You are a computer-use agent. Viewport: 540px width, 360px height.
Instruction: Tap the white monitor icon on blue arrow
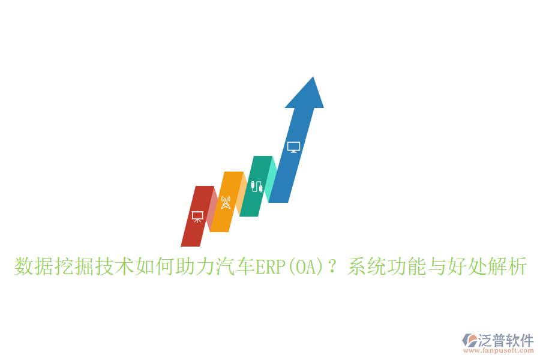click(293, 147)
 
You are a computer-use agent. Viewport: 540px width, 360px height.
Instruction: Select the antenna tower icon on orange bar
click(226, 202)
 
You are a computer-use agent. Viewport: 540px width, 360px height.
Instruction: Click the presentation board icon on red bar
click(197, 216)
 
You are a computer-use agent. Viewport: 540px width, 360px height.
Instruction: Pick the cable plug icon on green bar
click(257, 186)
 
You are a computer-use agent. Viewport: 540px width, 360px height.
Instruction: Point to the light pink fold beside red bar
click(212, 207)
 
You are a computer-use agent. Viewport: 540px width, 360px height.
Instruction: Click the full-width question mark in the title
click(334, 266)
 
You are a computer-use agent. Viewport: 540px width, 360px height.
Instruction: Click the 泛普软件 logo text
click(506, 340)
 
